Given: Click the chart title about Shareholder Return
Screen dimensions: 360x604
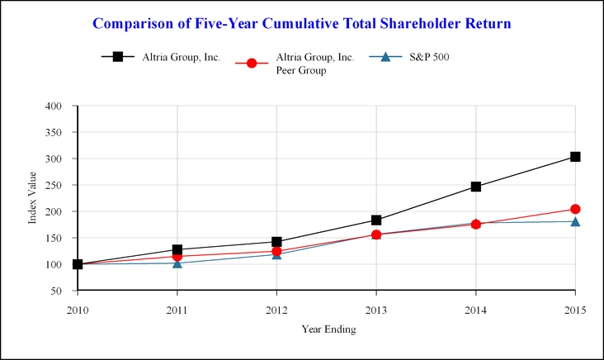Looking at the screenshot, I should click(302, 23).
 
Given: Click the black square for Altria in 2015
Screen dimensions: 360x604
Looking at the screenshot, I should click(575, 157).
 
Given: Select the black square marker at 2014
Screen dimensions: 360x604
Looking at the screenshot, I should click(475, 187).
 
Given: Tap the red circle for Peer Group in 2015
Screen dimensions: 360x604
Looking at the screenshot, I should click(575, 209).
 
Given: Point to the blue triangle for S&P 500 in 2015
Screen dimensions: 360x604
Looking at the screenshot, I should click(575, 220).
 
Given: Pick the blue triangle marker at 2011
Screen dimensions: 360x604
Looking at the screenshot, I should click(177, 263).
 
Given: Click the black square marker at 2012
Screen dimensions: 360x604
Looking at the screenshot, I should click(276, 242).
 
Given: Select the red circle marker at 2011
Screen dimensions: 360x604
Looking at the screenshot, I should click(177, 256).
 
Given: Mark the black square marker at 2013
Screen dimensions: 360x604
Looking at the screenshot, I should click(376, 220).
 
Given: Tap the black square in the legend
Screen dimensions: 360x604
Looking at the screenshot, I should click(117, 57).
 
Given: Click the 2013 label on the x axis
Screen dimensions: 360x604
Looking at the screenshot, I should click(376, 310).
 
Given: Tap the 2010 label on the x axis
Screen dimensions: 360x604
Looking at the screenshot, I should click(78, 310).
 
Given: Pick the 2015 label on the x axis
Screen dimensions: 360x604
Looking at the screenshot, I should click(575, 310).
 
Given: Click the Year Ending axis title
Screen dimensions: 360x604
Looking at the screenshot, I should click(327, 329).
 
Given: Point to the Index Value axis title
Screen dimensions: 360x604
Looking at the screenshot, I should click(33, 198).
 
